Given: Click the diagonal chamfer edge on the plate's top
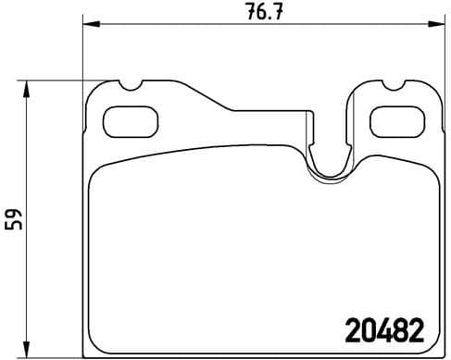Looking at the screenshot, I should (x=214, y=101).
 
